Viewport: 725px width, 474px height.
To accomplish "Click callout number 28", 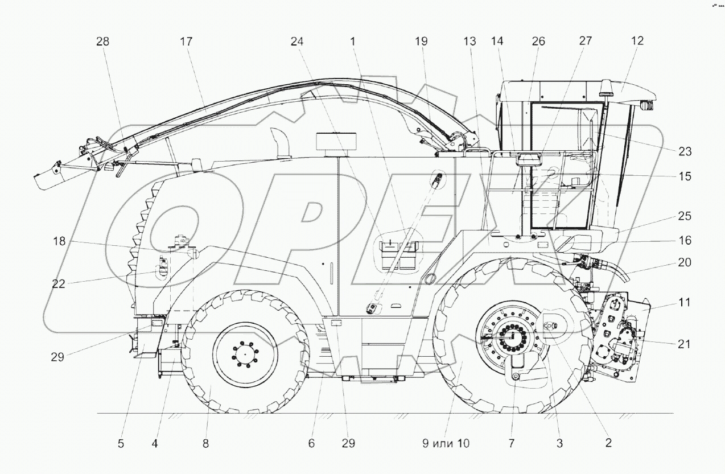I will tap(103, 42).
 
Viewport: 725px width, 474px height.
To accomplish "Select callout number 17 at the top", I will tap(186, 42).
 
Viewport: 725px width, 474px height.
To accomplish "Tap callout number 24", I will tap(297, 42).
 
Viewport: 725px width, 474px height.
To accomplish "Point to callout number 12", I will tap(637, 41).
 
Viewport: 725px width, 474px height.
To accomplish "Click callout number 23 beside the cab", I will tap(685, 151).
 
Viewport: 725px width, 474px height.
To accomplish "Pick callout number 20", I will tap(685, 263).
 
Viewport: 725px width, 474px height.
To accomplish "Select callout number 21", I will tap(685, 344).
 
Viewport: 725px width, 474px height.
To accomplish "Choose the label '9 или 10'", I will tap(446, 444).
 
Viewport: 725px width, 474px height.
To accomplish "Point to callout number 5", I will tap(121, 444).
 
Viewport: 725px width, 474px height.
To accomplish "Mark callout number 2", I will tap(608, 444).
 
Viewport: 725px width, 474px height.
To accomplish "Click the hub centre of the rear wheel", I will tap(246, 355).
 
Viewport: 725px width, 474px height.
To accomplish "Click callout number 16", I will tap(685, 241).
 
